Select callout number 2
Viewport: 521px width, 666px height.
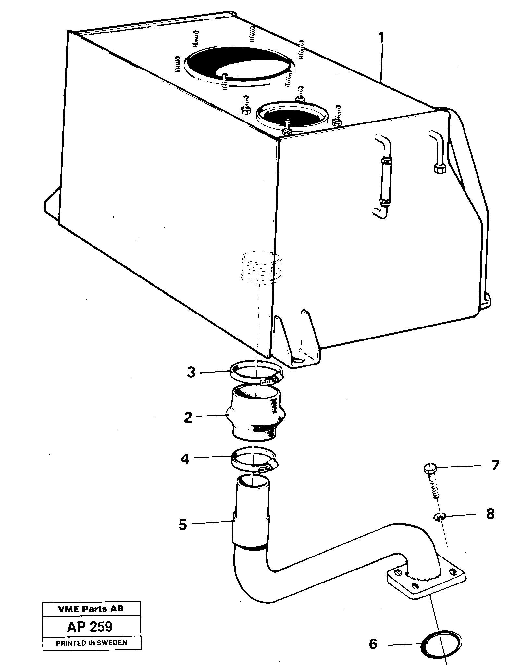tap(188, 417)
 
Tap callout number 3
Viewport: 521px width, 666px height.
tap(191, 372)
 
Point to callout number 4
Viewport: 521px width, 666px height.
tap(185, 459)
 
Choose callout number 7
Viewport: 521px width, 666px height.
tap(495, 466)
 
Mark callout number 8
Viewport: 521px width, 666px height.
tap(490, 514)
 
